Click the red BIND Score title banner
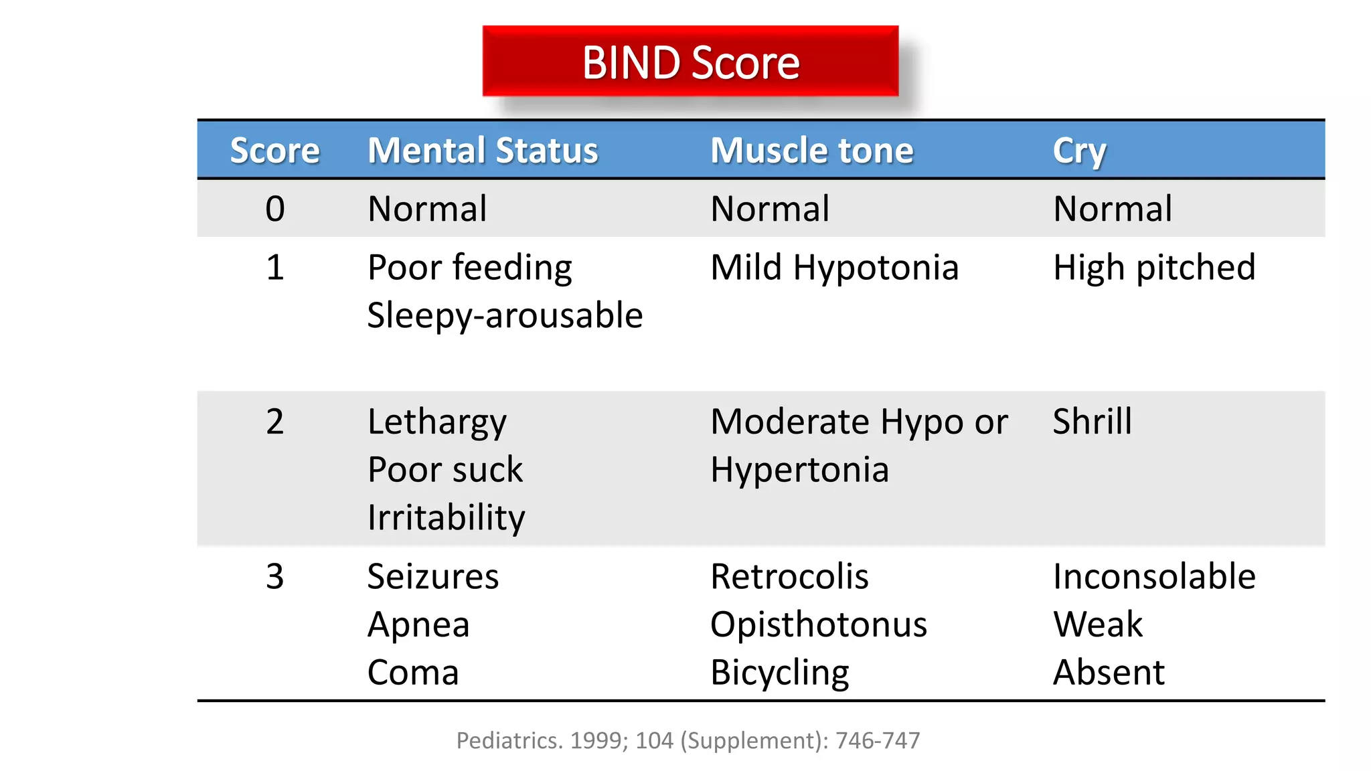(x=690, y=62)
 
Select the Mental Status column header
(x=483, y=150)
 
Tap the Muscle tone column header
(x=811, y=150)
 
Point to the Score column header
(x=274, y=150)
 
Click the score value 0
(x=275, y=209)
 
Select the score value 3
(x=275, y=576)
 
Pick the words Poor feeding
(x=470, y=268)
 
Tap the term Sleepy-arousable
(x=505, y=315)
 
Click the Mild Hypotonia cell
(x=834, y=268)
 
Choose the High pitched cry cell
(x=1154, y=268)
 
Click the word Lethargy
(x=437, y=422)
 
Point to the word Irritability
(x=447, y=517)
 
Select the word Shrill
(x=1092, y=422)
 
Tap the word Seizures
(x=433, y=576)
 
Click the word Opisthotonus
(x=819, y=624)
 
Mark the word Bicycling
(x=780, y=673)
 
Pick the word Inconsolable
(x=1154, y=576)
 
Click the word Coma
(x=413, y=673)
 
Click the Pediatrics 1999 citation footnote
(x=688, y=740)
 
